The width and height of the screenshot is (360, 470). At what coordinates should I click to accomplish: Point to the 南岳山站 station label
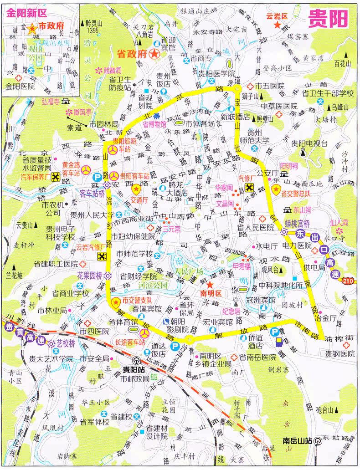coord(298,440)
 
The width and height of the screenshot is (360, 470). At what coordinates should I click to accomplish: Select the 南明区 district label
coord(211,294)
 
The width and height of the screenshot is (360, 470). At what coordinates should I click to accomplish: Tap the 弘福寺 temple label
coord(51,101)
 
